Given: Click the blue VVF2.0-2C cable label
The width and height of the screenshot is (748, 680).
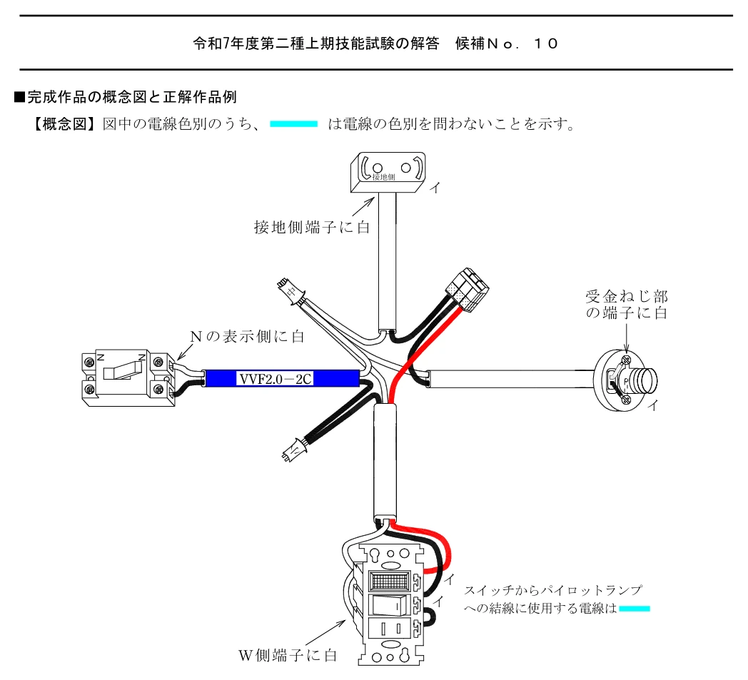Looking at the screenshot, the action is coord(282,379).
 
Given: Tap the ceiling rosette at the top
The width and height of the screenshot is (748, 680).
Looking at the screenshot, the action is coord(388,173).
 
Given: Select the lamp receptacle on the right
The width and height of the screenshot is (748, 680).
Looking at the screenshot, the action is coord(625,380).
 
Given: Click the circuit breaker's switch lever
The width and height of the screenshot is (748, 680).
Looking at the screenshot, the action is coord(123,370).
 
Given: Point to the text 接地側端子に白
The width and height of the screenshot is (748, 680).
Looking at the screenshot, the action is coord(312,227).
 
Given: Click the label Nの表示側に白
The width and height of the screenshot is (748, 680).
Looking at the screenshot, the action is coord(247,336).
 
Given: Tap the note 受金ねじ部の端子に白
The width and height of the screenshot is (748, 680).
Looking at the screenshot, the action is coord(627,305).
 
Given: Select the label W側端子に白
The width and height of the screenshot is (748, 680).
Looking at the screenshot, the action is coord(288,655).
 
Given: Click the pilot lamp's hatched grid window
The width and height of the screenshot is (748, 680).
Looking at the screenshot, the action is coord(390,581).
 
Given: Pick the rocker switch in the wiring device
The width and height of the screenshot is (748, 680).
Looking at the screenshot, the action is coord(390,604).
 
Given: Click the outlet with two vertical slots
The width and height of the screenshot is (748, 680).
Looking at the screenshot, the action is coord(390,629).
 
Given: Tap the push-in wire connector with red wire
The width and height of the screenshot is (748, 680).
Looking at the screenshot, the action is coord(467,290).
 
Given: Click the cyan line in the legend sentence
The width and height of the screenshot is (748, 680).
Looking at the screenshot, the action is coord(293,124).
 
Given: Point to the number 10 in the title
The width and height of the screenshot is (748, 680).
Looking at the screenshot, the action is coord(546,44).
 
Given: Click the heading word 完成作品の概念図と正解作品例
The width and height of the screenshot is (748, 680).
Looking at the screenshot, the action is coord(132,97).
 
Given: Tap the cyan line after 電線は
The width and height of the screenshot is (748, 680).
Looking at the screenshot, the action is coord(635,609).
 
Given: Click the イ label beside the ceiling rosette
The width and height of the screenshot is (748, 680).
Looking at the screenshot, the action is coord(435,188).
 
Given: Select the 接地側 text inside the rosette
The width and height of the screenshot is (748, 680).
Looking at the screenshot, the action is coord(383,178).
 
